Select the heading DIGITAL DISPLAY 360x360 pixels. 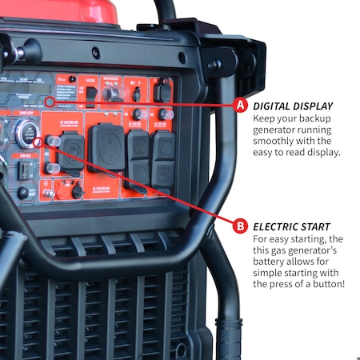point(292,106)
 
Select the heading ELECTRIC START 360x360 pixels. point(290,226)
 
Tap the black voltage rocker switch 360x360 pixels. point(92,96)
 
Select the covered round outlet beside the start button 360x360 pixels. point(71,154)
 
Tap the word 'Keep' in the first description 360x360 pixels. point(266,118)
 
